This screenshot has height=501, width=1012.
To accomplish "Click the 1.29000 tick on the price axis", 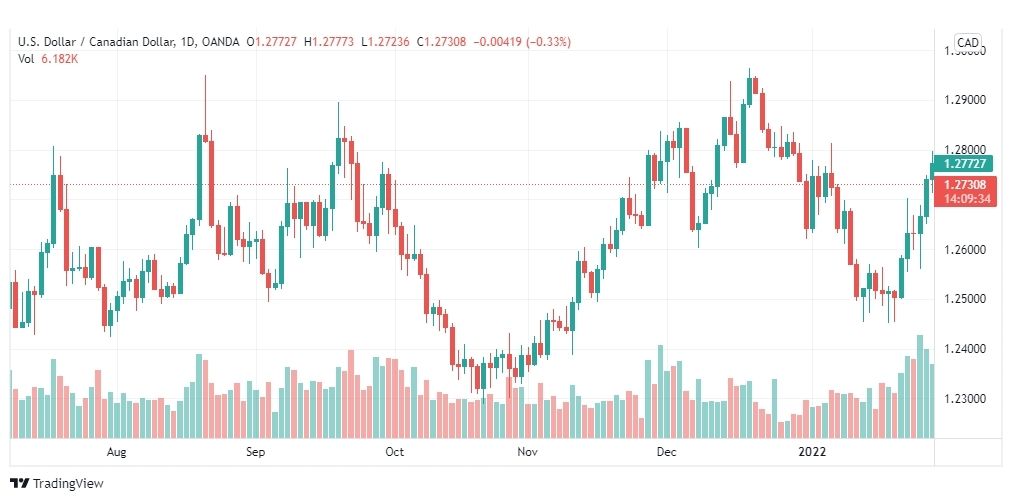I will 965,100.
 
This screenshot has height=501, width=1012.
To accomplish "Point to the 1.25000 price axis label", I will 965,299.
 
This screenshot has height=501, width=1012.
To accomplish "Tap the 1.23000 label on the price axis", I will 965,399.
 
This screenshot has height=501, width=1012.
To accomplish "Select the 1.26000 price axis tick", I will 965,249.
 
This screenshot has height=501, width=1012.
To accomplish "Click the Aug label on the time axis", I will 117,452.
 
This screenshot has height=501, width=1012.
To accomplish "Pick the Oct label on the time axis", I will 394,452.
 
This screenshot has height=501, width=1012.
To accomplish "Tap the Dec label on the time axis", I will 667,452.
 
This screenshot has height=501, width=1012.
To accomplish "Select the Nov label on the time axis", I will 528,452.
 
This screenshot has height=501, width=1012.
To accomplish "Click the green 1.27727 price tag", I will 965,163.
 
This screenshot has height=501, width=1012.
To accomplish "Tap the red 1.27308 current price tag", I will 965,185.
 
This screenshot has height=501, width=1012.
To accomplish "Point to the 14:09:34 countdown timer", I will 965,198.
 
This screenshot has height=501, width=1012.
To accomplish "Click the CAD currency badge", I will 968,42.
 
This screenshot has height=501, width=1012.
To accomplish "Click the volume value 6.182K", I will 61,59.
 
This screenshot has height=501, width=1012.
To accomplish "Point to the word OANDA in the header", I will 220,42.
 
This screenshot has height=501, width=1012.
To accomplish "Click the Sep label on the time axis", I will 255,452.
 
